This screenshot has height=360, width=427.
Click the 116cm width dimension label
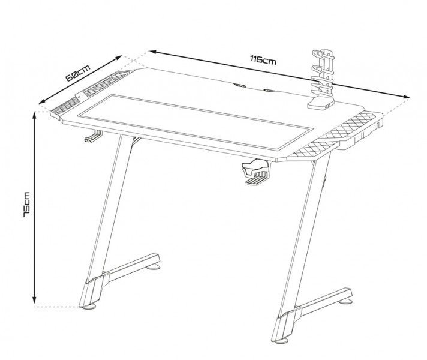263,60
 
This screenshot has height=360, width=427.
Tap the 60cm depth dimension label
78,73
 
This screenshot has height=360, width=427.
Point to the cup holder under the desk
255,172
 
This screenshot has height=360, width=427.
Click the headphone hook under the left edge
94,136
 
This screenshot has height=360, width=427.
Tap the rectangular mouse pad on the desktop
196,122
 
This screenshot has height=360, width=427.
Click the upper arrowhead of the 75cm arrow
34,116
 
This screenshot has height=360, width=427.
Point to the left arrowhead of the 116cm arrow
153,52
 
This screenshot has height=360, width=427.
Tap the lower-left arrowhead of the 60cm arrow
42,101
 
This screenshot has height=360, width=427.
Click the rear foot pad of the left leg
154,268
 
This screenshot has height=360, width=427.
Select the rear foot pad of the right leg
346,301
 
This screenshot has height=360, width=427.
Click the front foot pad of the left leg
89,307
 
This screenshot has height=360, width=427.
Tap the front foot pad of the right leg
282,341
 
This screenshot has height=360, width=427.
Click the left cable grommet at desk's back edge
239,85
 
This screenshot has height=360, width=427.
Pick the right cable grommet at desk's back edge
270,91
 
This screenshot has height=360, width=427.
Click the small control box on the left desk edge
79,96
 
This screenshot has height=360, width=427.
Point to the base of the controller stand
321,104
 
